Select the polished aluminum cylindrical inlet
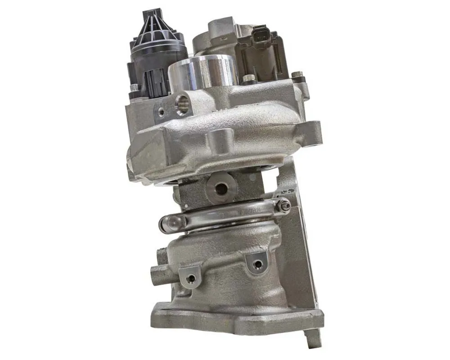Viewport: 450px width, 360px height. pyautogui.click(x=202, y=72)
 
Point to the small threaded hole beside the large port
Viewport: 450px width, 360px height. pyautogui.click(x=161, y=109)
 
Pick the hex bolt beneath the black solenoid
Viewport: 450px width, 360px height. pyautogui.click(x=134, y=89)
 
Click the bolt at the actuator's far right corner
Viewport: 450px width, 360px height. pyautogui.click(x=296, y=75)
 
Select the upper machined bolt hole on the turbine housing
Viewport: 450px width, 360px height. pyautogui.click(x=257, y=263)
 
